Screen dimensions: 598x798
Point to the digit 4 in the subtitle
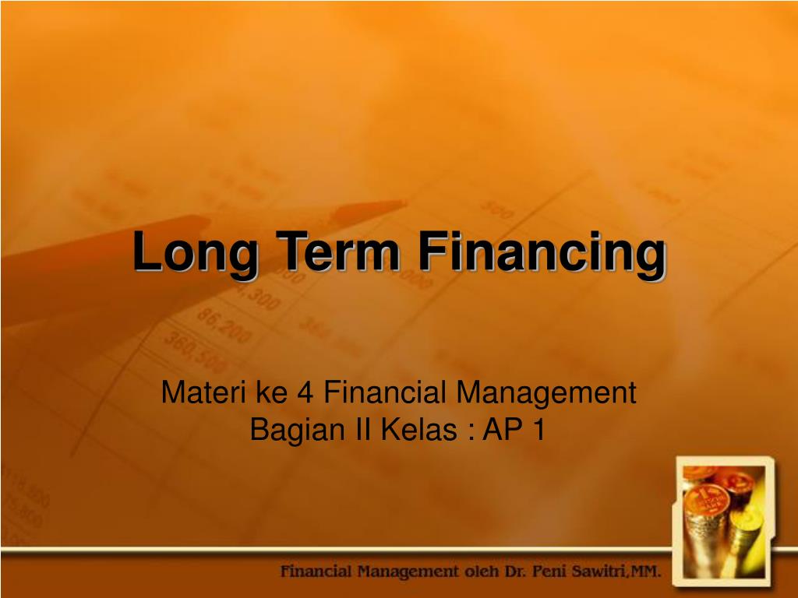point(305,393)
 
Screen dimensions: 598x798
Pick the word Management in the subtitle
point(546,393)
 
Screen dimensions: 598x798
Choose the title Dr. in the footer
point(524,572)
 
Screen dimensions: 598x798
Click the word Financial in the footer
point(315,572)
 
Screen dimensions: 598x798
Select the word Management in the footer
point(410,572)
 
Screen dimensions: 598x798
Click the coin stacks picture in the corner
point(722,518)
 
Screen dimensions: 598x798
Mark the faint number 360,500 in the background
point(194,351)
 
